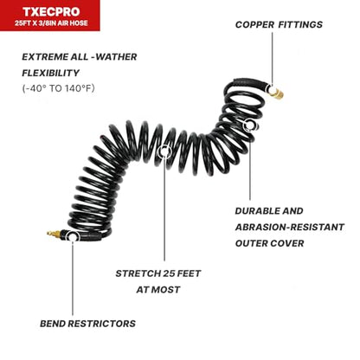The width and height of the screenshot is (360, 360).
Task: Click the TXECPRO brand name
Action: click(x=51, y=12)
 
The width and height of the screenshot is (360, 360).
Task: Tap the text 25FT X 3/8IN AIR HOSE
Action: click(x=51, y=23)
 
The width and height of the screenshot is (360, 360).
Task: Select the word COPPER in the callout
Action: click(x=254, y=25)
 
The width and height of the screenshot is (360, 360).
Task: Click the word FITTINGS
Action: click(x=300, y=25)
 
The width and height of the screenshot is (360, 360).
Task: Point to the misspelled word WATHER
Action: click(x=117, y=57)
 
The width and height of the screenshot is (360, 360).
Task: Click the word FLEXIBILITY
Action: click(x=51, y=73)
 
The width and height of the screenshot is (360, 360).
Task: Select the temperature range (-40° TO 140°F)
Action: click(x=58, y=88)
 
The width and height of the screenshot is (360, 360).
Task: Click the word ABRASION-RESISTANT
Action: click(x=290, y=228)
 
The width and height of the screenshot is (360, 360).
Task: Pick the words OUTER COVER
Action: click(x=270, y=243)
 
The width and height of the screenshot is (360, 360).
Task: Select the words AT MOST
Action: click(x=158, y=290)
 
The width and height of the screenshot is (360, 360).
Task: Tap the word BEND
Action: click(x=53, y=324)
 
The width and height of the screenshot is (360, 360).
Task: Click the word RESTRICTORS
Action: click(x=102, y=324)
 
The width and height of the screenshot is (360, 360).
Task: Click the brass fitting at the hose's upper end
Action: click(x=278, y=94)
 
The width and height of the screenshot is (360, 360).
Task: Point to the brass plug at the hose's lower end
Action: click(x=55, y=234)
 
